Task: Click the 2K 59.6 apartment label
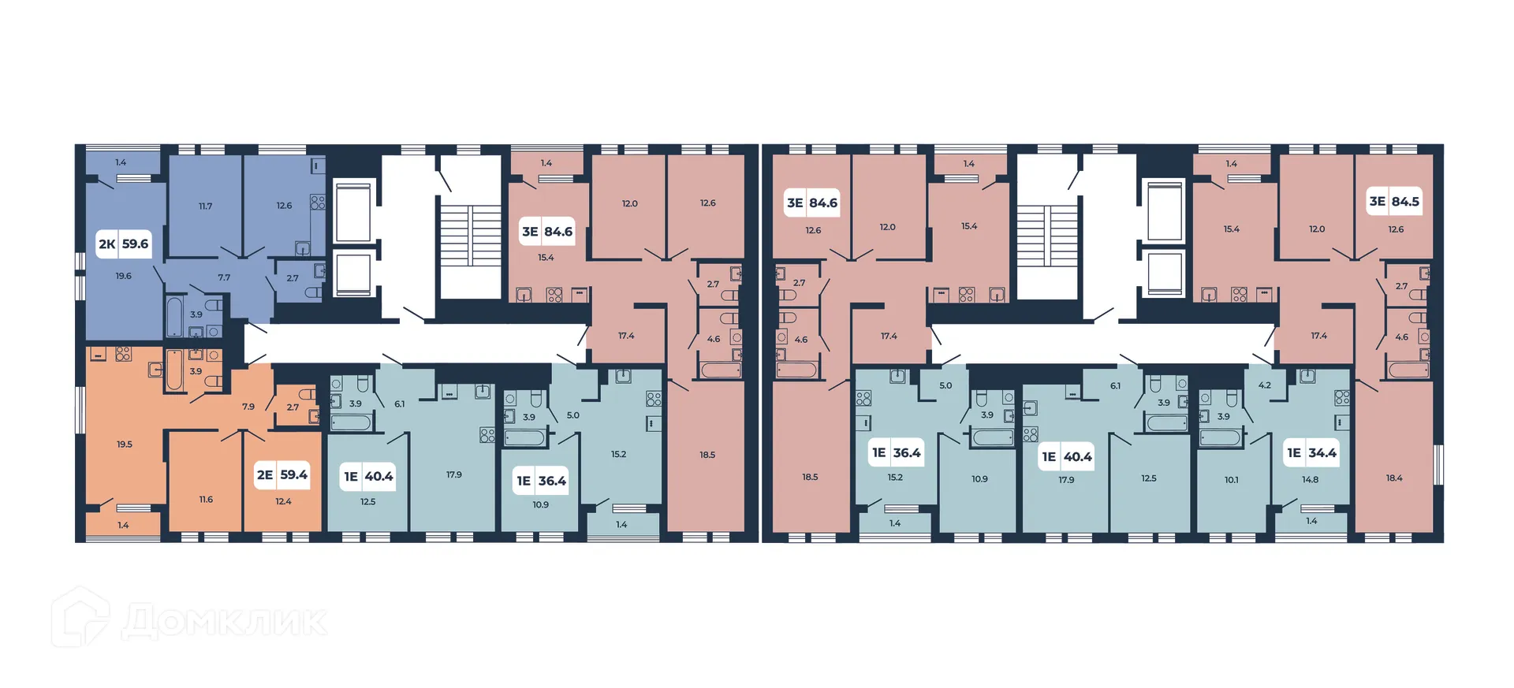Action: click(123, 244)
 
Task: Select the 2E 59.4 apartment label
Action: click(282, 474)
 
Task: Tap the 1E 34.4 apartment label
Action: click(1311, 452)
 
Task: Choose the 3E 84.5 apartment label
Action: click(1394, 202)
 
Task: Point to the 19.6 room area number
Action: click(124, 276)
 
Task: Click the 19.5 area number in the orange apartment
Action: click(125, 444)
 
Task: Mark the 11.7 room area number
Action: click(205, 206)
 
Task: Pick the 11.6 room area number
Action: click(206, 500)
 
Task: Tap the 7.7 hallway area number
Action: click(224, 277)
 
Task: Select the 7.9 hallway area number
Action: click(248, 407)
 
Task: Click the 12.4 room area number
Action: click(283, 501)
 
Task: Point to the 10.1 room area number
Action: click(1231, 480)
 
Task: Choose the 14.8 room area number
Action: click(1310, 479)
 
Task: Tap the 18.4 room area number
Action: click(1394, 478)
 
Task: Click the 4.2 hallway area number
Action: click(1264, 385)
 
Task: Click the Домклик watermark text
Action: click(225, 621)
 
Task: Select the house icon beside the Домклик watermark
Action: click(80, 618)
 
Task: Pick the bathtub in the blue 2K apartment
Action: click(175, 316)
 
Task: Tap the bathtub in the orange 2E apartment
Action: click(174, 370)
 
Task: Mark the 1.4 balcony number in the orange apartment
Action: click(123, 525)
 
